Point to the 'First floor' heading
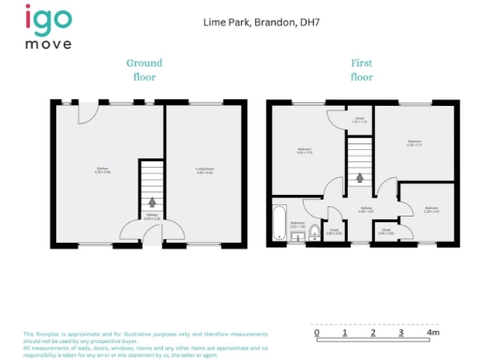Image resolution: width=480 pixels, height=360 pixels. (362, 69)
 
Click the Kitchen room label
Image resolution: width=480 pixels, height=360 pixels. (101, 171)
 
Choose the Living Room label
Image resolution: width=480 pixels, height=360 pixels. (204, 171)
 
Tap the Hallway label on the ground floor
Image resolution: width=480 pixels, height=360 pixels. (151, 217)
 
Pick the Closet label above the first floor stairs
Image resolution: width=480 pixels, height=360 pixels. (359, 119)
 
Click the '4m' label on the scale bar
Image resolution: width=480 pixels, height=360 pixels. (432, 333)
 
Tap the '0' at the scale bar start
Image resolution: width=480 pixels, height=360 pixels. (317, 333)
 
